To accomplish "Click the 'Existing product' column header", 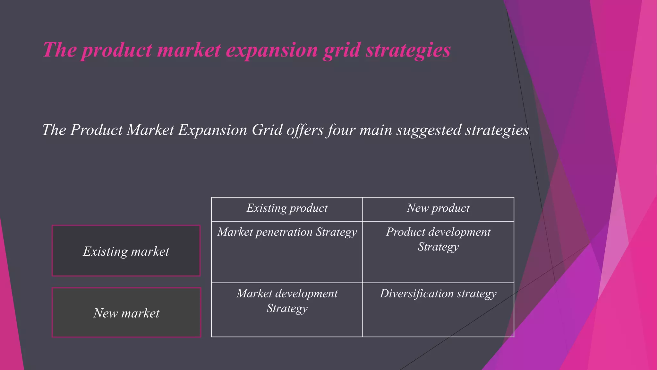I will [287, 208].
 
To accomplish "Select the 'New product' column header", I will [438, 208].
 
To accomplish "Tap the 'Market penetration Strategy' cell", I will [287, 232].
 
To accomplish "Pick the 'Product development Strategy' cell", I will [438, 239].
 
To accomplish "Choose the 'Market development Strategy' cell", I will [287, 301].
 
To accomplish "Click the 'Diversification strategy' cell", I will [438, 294].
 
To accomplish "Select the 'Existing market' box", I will [126, 251].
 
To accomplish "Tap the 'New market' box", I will [126, 313].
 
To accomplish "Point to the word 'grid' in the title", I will [341, 50].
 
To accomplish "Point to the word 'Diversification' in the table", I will [416, 294].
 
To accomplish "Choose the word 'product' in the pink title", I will [116, 50].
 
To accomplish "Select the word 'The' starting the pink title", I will [60, 50].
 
